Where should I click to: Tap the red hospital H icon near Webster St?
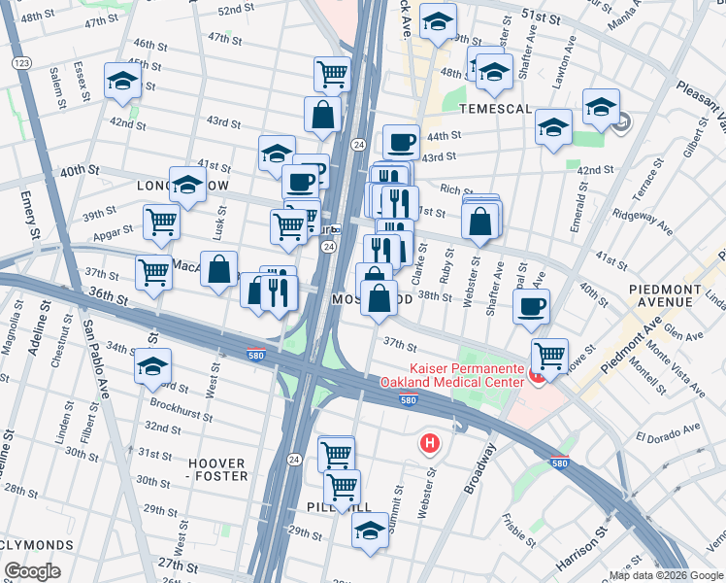point(429,444)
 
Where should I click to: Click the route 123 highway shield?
point(19,62)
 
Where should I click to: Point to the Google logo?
point(32,570)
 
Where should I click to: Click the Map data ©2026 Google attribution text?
point(666,575)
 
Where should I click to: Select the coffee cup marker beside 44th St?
point(401,143)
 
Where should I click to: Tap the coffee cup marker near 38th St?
point(531,306)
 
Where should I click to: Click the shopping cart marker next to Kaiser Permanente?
point(550,356)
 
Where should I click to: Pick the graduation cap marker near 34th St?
point(152,366)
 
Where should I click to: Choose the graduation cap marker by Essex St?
point(123,83)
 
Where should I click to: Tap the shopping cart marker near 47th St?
point(332,73)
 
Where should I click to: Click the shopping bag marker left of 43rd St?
point(322,114)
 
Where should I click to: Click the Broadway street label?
point(480,469)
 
